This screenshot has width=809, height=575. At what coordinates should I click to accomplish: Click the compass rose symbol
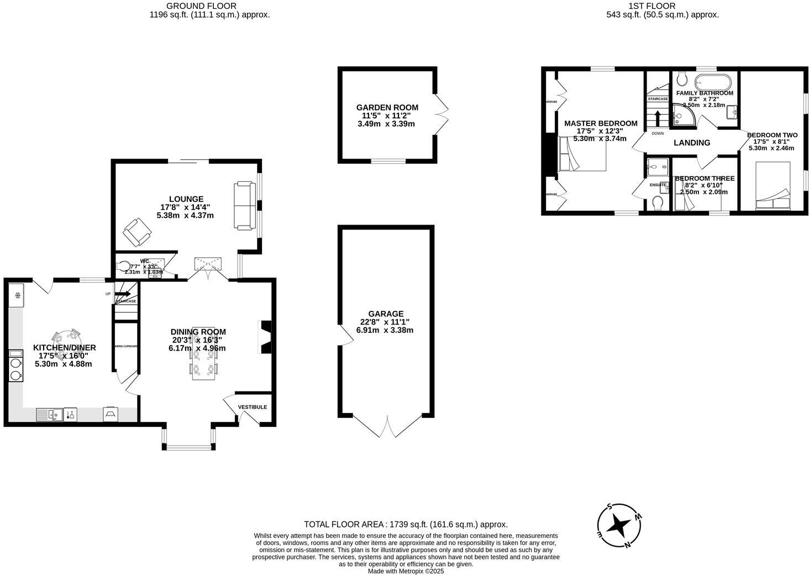(619, 525)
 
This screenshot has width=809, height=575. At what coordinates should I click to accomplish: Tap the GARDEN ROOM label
(387, 107)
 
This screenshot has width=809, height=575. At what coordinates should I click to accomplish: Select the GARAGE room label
(386, 313)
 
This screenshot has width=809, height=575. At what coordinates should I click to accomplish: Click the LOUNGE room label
(186, 199)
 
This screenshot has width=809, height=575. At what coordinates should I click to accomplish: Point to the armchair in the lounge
(136, 232)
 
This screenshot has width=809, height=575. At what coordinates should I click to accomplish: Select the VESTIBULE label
(252, 407)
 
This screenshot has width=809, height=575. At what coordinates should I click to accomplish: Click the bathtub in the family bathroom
(713, 82)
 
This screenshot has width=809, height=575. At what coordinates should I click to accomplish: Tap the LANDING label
(692, 143)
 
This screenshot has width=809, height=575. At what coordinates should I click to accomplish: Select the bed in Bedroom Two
(773, 186)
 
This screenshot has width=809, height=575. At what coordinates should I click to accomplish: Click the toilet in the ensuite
(658, 203)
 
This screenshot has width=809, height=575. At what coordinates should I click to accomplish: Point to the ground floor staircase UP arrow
(123, 294)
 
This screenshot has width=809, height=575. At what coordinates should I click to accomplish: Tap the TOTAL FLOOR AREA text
(406, 524)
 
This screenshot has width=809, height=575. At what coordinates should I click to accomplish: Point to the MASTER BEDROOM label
(600, 123)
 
